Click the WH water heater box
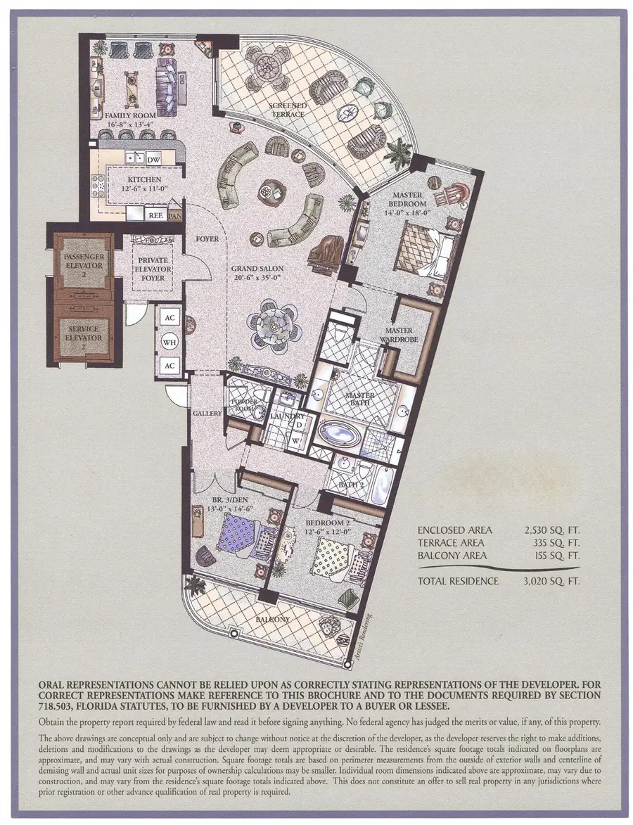170,342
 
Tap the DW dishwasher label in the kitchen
153,160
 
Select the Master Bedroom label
403,199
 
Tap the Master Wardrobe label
398,335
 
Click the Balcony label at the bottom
271,619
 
